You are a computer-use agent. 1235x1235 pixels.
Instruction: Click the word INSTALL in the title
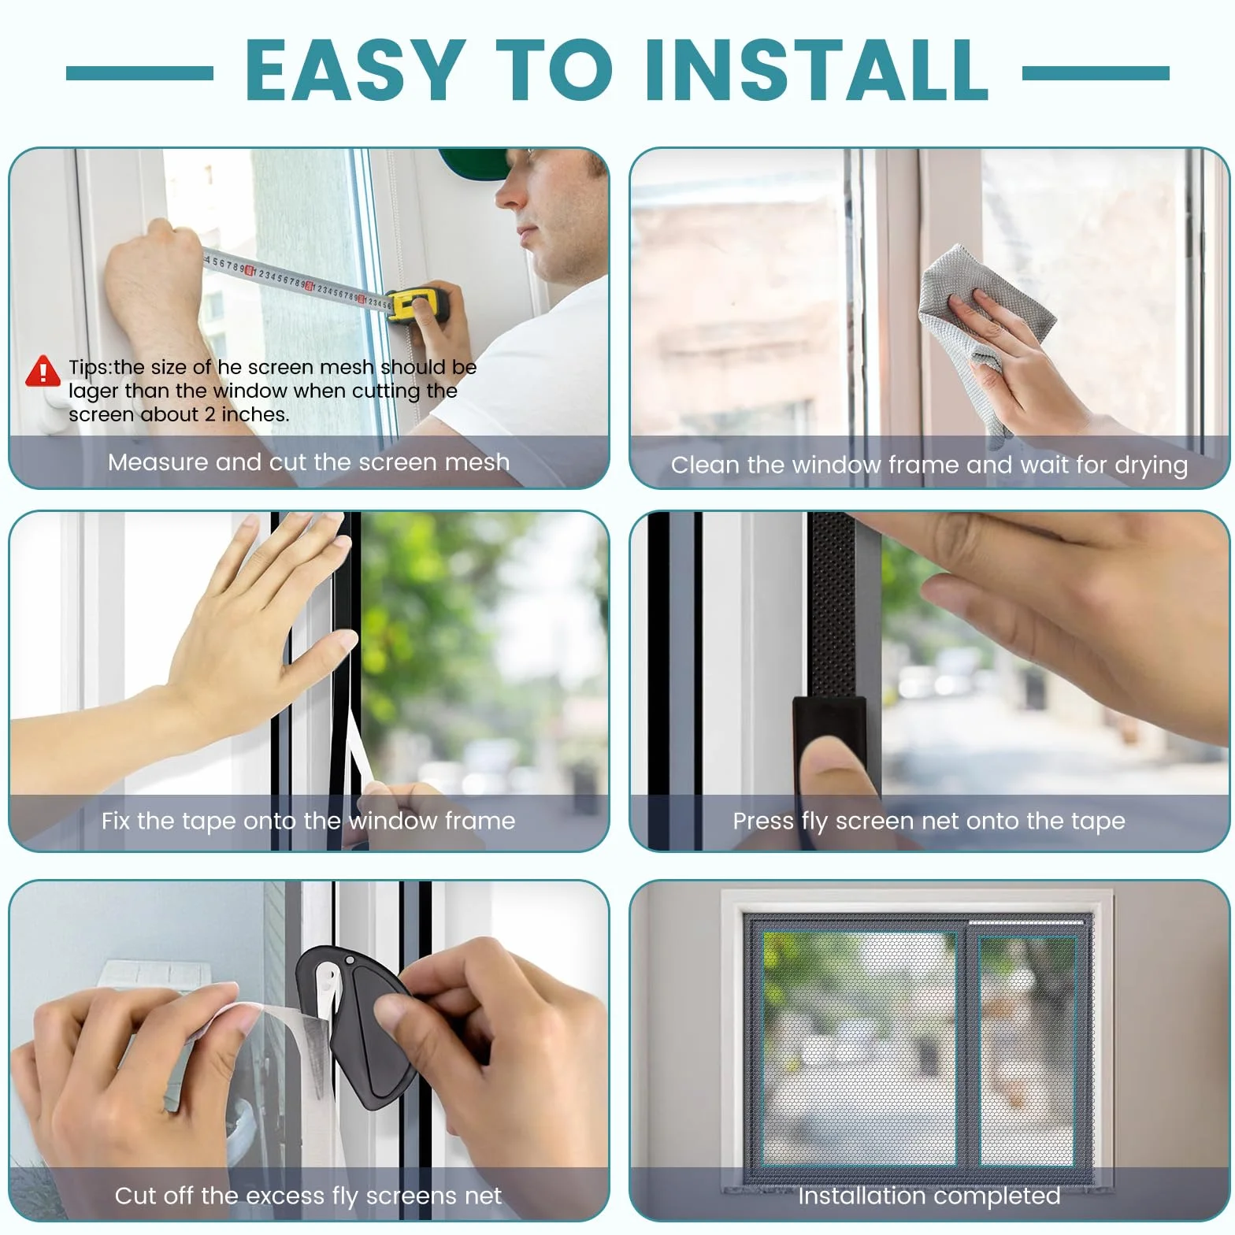tap(816, 70)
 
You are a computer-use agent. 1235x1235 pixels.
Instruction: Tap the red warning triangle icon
tap(43, 372)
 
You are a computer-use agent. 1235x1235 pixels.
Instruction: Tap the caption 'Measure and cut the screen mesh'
tap(309, 462)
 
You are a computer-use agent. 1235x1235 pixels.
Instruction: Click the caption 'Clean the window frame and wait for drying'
tap(929, 465)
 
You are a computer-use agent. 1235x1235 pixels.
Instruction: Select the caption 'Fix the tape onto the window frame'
tap(308, 821)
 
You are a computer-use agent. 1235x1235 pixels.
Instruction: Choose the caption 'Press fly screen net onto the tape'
tap(929, 821)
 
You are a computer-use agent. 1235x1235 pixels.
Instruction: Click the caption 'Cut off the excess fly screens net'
tap(308, 1196)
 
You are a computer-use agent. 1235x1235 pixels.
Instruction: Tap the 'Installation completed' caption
tap(929, 1196)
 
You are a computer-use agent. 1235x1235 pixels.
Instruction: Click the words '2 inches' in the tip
tap(247, 414)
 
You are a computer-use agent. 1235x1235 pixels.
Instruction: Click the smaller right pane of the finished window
tap(1026, 1051)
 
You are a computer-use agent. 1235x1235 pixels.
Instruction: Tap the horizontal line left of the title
tap(139, 73)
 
